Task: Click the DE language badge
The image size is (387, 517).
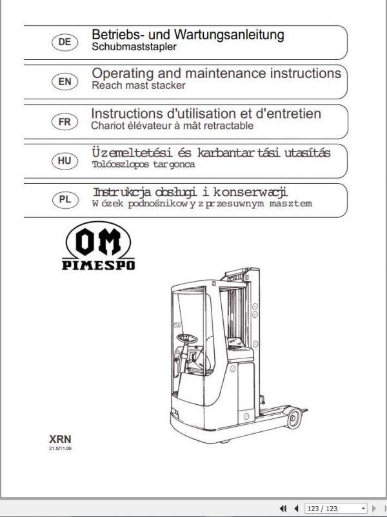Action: tap(64, 42)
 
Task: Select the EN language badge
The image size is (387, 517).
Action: tap(64, 82)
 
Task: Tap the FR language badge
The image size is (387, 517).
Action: tap(64, 122)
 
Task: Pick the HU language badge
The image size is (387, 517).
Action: tap(64, 161)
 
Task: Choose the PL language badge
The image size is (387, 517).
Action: tap(64, 200)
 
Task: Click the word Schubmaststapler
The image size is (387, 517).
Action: tap(134, 47)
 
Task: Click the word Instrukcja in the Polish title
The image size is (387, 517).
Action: tap(118, 192)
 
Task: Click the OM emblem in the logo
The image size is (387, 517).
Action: tap(98, 242)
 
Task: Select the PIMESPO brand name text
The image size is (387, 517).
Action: tap(99, 264)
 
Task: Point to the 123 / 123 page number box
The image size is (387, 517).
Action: tap(332, 509)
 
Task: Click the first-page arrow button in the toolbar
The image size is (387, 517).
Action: tap(283, 509)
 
